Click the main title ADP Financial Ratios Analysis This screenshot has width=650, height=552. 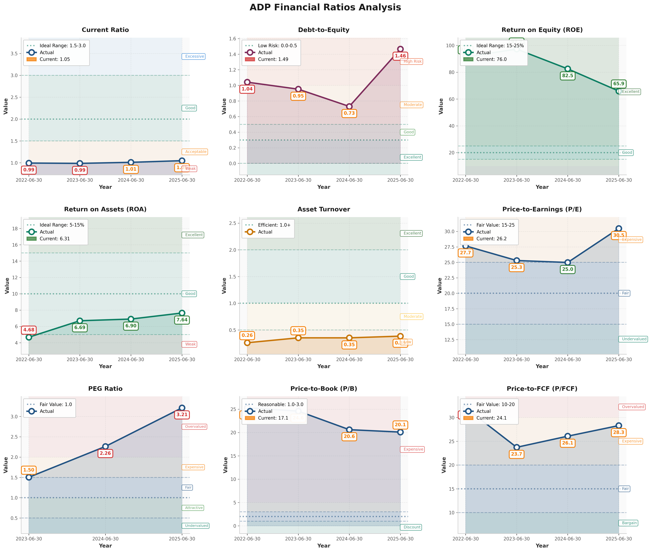click(x=325, y=7)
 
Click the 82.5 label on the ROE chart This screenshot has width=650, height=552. click(x=567, y=76)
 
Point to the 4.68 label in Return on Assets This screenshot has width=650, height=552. click(x=29, y=330)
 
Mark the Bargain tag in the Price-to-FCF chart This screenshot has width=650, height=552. click(x=628, y=523)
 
